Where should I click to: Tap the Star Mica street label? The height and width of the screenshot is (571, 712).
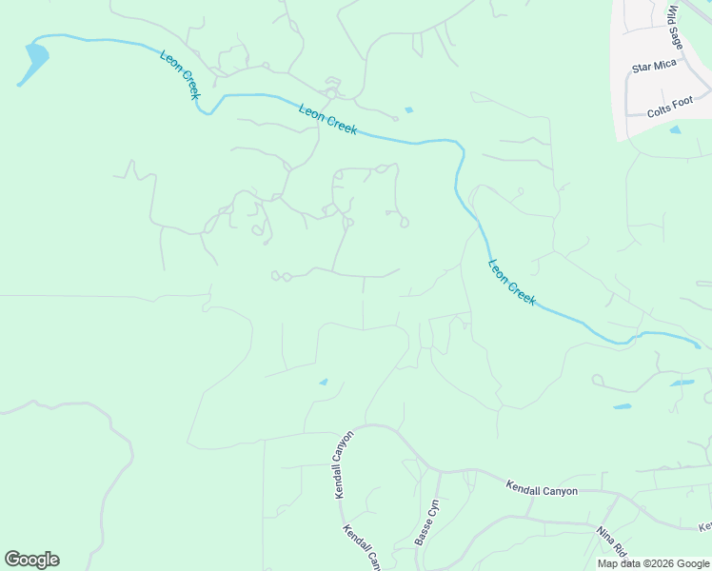[x=653, y=69]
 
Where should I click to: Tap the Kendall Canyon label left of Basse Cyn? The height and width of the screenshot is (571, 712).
[x=344, y=464]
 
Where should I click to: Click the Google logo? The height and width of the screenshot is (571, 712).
[x=31, y=560]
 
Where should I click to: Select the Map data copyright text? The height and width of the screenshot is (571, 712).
[x=653, y=563]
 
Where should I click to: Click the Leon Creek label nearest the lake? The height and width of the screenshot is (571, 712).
[x=179, y=73]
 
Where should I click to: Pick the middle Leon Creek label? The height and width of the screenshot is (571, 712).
[x=327, y=119]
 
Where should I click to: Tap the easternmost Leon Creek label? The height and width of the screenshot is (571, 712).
[x=512, y=282]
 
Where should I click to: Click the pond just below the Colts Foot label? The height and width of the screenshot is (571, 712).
[x=675, y=129]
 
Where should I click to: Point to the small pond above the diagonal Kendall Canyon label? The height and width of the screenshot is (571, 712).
[x=324, y=383]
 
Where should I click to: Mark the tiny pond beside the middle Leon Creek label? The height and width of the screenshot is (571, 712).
[x=408, y=110]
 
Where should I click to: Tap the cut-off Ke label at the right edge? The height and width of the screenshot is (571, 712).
[x=705, y=526]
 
